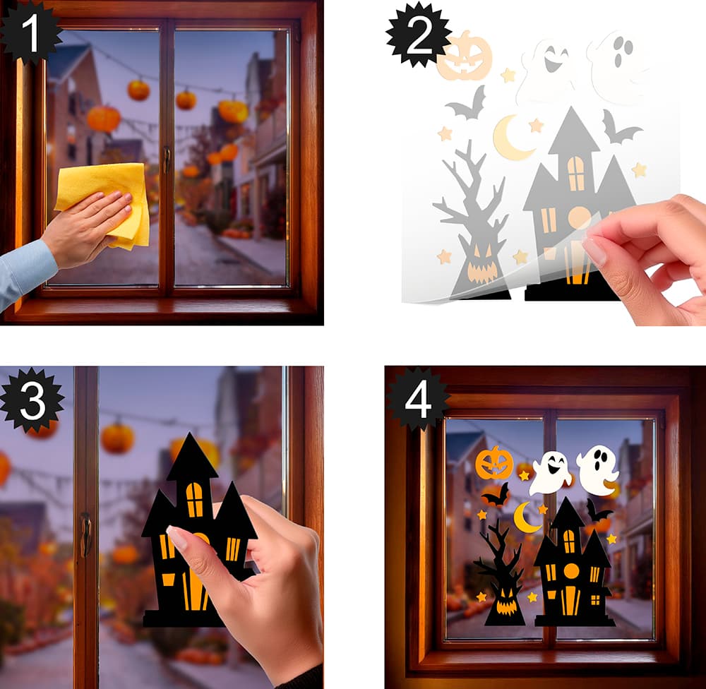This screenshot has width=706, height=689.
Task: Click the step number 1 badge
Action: (30, 32)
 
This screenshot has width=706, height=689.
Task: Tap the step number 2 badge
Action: (418, 36)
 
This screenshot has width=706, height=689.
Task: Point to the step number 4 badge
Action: (417, 400)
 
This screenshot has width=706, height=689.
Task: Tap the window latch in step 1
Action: (167, 160)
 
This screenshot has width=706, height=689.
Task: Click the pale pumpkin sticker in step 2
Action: (465, 56)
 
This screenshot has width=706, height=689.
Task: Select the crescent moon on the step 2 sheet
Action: (511, 138)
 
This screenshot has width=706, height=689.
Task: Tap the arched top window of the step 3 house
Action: (195, 499)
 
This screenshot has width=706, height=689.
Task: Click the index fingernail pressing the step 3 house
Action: (176, 537)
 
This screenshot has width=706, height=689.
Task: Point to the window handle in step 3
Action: (85, 534)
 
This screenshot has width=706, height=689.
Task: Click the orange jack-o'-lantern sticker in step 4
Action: (494, 463)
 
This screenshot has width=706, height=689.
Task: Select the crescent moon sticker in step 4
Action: (526, 517)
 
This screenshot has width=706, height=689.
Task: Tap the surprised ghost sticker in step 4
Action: (597, 471)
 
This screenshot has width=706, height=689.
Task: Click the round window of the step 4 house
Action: (571, 570)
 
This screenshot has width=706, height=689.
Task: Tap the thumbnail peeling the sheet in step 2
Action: (594, 251)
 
